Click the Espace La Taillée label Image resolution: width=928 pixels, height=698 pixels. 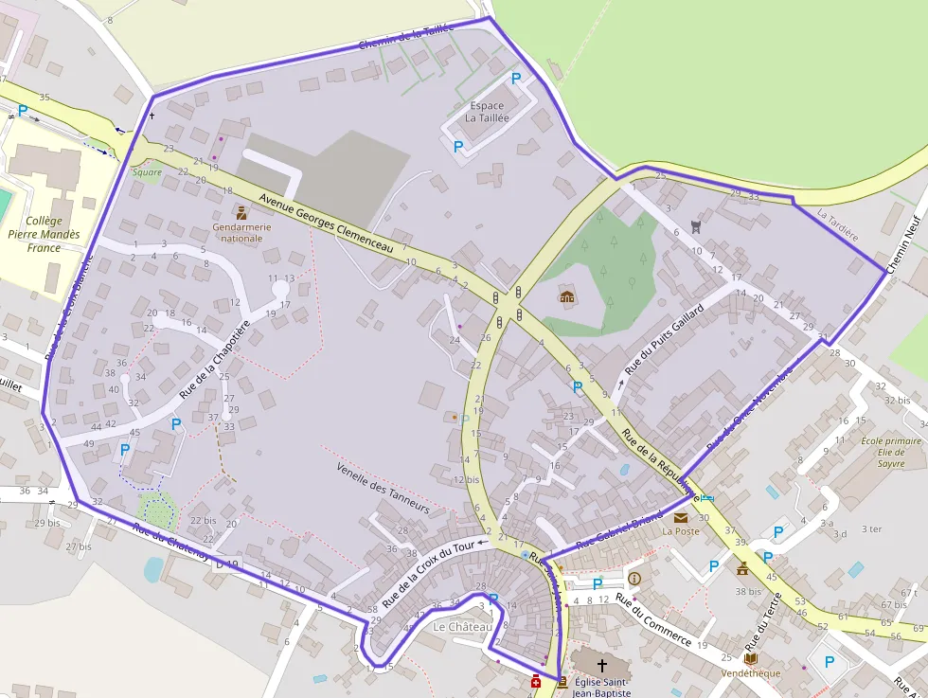[x=487, y=112]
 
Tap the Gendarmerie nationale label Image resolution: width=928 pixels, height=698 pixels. [x=241, y=232]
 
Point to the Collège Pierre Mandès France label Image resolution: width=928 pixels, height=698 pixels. [x=44, y=234]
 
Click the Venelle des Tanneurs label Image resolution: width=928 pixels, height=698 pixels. [x=383, y=487]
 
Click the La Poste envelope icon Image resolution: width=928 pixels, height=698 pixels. [x=681, y=517]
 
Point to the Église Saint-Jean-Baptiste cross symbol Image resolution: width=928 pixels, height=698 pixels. [x=601, y=666]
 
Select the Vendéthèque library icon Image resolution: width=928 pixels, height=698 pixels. [x=750, y=658]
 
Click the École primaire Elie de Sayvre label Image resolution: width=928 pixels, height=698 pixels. [x=890, y=452]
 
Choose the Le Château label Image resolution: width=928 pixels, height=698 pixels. [x=462, y=627]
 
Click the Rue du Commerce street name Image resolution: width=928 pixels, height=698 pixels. [x=652, y=619]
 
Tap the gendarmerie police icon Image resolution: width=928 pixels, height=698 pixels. [x=241, y=213]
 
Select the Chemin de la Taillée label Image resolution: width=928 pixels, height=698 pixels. [x=407, y=38]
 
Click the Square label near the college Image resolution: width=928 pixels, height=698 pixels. [x=147, y=172]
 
